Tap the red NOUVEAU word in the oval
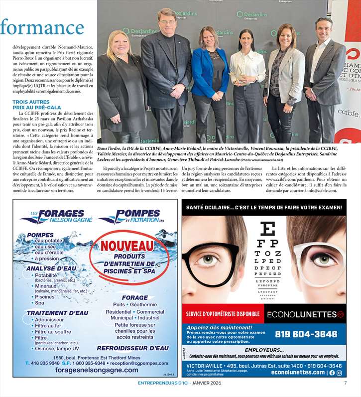pyautogui.click(x=127, y=246)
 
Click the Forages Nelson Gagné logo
pyautogui.click(x=56, y=217)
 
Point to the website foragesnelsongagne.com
pyautogui.click(x=97, y=370)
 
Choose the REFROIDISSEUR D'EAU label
pyautogui.click(x=132, y=348)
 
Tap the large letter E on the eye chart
pyautogui.click(x=268, y=229)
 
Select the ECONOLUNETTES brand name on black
pyautogui.click(x=305, y=314)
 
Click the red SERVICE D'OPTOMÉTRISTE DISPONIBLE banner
pyautogui.click(x=223, y=314)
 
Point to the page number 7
pyautogui.click(x=345, y=383)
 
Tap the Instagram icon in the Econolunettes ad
pyautogui.click(x=339, y=373)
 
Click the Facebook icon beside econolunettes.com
pyautogui.click(x=332, y=373)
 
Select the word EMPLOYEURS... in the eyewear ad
pyautogui.click(x=264, y=350)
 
